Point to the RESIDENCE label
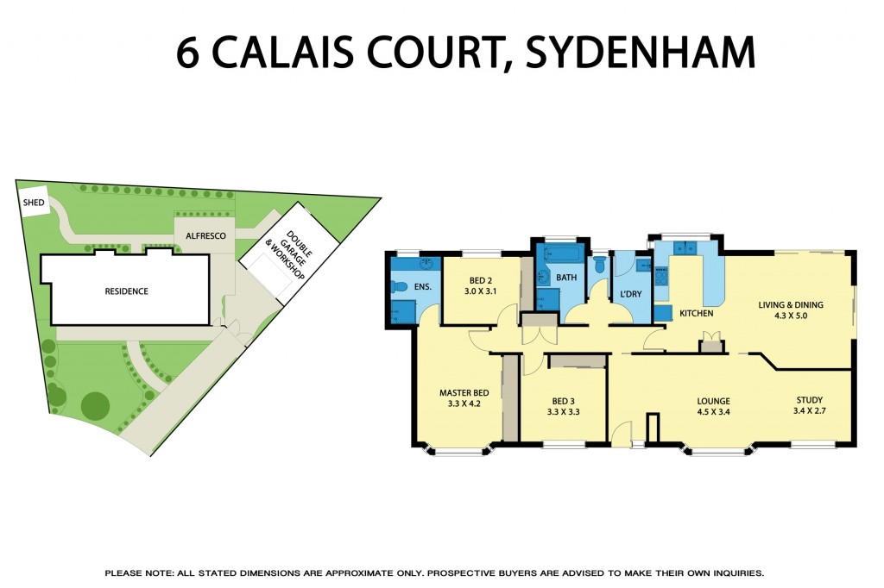(126, 291)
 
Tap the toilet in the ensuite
(398, 287)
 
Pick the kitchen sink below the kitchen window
(685, 248)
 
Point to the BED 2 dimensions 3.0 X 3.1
(481, 292)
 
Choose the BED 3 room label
(563, 400)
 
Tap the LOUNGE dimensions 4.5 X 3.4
(713, 412)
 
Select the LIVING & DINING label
(790, 304)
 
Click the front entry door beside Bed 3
(620, 432)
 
